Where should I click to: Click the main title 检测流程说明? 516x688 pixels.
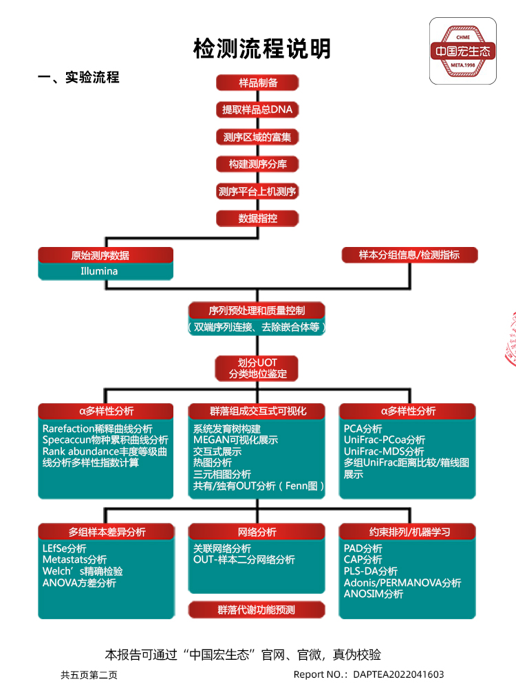[262, 49]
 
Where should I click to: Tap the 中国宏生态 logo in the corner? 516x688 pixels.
[463, 51]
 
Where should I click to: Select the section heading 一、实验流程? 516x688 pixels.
[78, 78]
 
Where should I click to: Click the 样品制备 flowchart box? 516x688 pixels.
[258, 83]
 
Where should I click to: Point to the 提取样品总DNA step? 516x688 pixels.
[258, 109]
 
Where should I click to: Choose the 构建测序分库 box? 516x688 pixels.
[258, 164]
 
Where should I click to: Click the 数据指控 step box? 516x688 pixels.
[258, 218]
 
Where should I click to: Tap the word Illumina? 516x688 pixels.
[99, 271]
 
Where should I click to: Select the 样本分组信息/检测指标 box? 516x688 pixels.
[409, 255]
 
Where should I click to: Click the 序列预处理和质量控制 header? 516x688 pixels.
[257, 310]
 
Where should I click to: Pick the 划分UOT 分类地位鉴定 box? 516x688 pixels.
[258, 368]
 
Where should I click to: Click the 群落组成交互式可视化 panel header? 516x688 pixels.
[257, 411]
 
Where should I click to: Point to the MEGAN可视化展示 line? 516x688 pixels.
[235, 440]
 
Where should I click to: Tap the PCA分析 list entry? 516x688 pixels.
[363, 428]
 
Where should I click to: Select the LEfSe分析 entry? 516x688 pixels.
[64, 548]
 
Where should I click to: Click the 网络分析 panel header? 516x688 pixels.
[257, 532]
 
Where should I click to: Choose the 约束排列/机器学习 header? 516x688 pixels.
[407, 532]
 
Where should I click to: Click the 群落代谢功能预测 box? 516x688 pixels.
[257, 610]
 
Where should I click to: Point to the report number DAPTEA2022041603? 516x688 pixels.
[398, 674]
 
